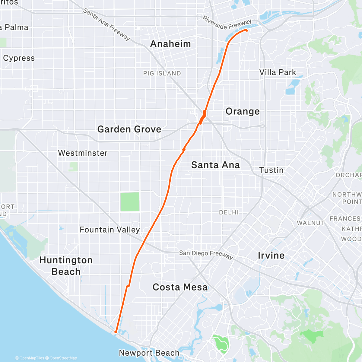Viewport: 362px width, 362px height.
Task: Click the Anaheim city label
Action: point(170,44)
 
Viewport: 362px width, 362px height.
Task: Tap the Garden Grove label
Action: point(129,129)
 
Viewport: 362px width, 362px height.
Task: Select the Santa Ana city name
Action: point(215,165)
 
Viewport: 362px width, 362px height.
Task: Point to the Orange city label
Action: point(243,111)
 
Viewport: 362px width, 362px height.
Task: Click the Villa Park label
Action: point(278,72)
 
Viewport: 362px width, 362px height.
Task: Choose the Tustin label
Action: point(271,170)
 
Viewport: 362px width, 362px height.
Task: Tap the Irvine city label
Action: point(271,256)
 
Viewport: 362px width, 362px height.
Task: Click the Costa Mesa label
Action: point(180,287)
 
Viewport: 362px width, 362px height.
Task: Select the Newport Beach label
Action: point(149,353)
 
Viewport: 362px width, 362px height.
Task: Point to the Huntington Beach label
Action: point(66,266)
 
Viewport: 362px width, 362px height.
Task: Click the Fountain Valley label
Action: point(110,230)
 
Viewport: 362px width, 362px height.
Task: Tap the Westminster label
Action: point(83,153)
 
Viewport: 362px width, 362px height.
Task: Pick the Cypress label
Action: point(19,58)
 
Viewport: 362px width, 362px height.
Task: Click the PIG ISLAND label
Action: point(162,73)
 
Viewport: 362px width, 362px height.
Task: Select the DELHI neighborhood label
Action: point(229,213)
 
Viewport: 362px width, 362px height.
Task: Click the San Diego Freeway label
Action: point(206,254)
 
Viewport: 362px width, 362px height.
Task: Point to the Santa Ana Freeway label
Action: point(106,24)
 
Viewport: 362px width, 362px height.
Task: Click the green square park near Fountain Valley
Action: point(130,202)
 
